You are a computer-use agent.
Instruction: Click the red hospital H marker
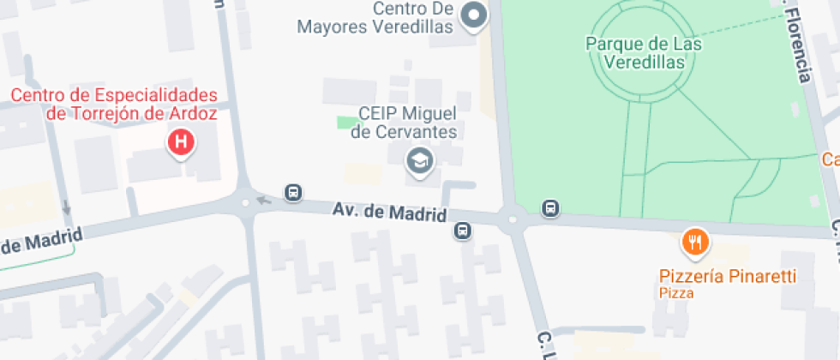pyautogui.click(x=181, y=142)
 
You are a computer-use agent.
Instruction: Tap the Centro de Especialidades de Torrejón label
pyautogui.click(x=113, y=103)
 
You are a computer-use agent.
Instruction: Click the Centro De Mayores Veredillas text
pyautogui.click(x=375, y=17)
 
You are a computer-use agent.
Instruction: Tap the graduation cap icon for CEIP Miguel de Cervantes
pyautogui.click(x=419, y=160)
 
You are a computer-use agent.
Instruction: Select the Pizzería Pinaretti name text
pyautogui.click(x=727, y=276)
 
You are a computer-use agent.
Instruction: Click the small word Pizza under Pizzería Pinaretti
pyautogui.click(x=675, y=293)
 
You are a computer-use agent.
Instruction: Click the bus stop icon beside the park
pyautogui.click(x=550, y=207)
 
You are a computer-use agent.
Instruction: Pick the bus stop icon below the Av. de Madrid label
pyautogui.click(x=463, y=230)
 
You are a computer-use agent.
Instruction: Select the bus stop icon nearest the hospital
pyautogui.click(x=293, y=192)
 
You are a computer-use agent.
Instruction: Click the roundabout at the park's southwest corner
pyautogui.click(x=513, y=219)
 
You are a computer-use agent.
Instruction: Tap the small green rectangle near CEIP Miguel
pyautogui.click(x=345, y=123)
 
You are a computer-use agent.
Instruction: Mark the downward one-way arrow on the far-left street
pyautogui.click(x=66, y=207)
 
